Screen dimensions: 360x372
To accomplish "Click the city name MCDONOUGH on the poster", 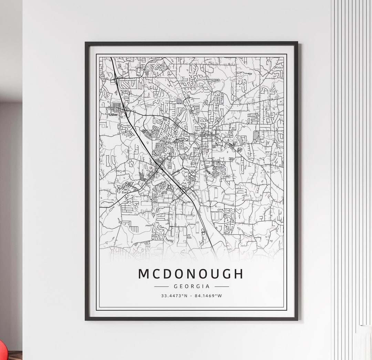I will pos(191,274).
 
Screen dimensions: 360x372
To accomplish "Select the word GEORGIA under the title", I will pos(191,286).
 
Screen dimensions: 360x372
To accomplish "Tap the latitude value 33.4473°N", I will pos(174,296).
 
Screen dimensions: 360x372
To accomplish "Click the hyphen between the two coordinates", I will pos(192,296).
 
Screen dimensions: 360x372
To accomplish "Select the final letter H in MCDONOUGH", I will pos(238,274).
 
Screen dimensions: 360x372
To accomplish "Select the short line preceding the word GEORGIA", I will pos(161,286).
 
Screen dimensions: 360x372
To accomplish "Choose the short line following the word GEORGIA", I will pos(221,286).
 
